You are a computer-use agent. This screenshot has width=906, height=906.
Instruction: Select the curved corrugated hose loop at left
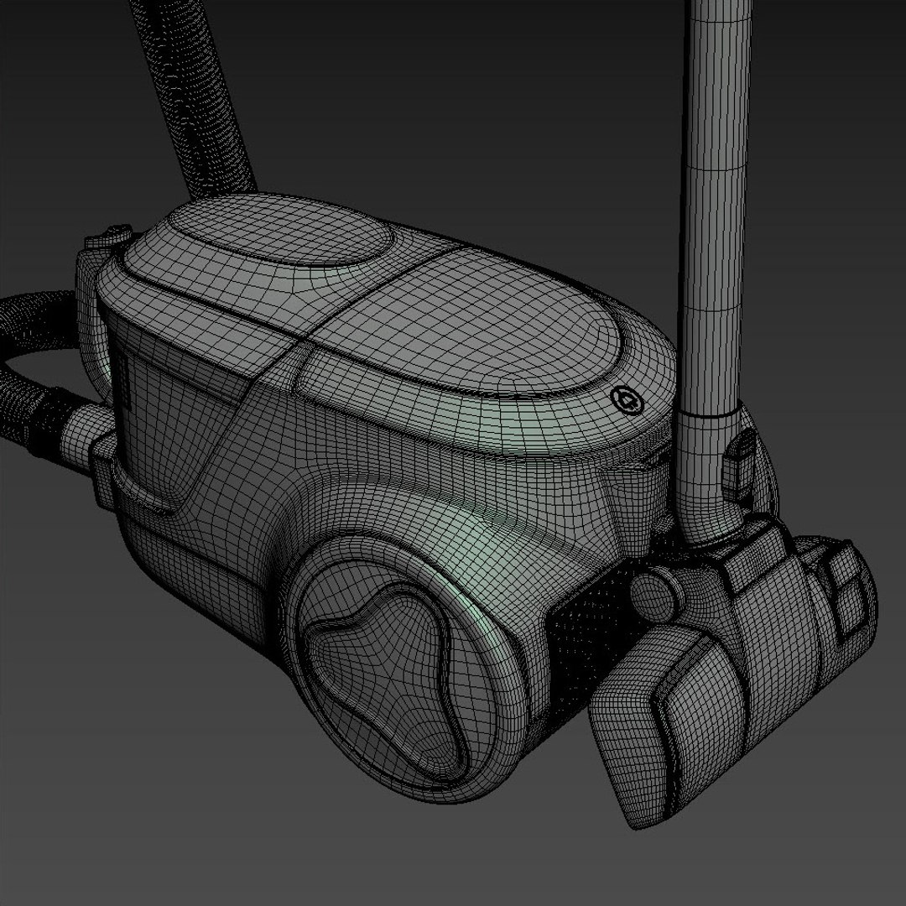point(34,369)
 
